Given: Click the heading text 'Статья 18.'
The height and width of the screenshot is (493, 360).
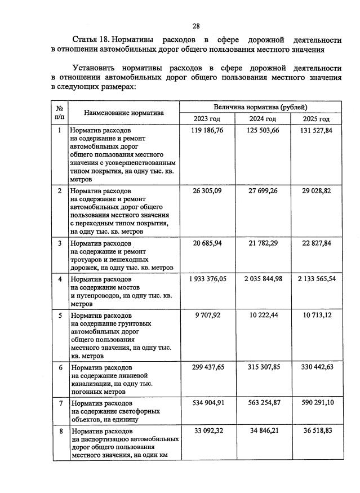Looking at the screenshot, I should tap(91, 40).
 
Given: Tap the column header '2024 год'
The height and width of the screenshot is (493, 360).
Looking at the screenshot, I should tap(263, 119).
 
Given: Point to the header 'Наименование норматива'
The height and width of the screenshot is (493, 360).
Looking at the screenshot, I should tap(124, 113).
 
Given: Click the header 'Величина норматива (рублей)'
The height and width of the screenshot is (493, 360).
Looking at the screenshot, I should tap(260, 106).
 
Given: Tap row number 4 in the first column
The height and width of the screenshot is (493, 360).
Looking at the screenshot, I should tap(60, 279).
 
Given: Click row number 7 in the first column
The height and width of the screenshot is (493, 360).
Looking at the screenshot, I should tap(60, 403).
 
